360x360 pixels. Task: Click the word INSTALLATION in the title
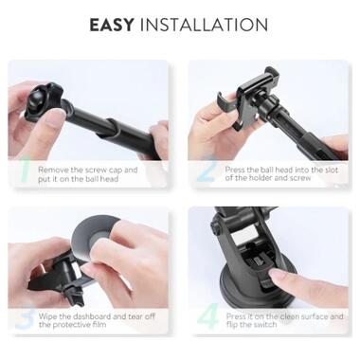click(x=204, y=25)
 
